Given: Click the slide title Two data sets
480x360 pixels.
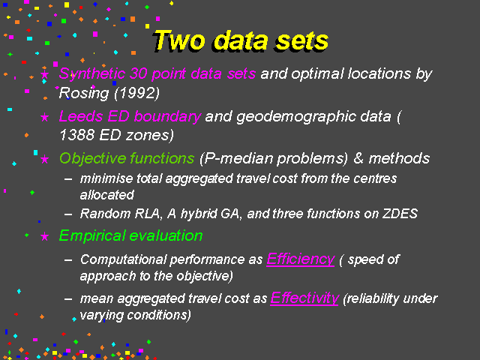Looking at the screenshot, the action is tap(241, 41).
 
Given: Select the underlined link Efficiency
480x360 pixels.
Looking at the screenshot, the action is tap(301, 259).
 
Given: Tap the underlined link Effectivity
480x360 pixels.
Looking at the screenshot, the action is tap(304, 298).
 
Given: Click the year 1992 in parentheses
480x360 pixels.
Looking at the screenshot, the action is tap(136, 93).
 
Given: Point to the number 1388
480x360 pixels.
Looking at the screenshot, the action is tap(76, 135).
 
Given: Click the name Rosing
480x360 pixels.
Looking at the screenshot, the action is tap(83, 94).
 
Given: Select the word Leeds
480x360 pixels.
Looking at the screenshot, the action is tap(81, 116).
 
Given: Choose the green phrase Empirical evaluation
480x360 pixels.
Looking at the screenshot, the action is tap(131, 236).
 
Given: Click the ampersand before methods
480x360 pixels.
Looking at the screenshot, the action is tap(358, 158).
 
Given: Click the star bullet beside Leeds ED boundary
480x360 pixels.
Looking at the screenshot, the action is tap(45, 117).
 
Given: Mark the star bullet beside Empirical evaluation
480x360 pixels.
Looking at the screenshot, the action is tap(45, 236).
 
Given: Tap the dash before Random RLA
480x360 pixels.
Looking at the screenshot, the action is tap(68, 214).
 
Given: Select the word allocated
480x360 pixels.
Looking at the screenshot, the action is tap(106, 195).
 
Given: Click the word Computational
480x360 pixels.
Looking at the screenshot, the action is tap(124, 260).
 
